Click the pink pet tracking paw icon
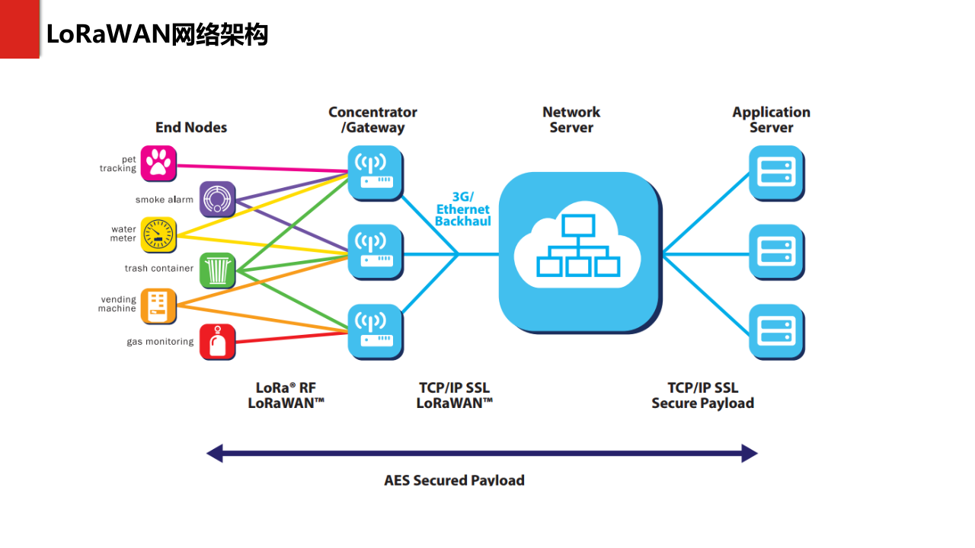158,163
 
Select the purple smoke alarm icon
217,199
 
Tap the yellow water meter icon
158,234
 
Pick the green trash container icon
217,270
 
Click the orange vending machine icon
158,305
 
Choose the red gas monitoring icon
217,342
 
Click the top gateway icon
376,173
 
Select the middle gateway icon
376,252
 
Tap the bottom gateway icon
376,332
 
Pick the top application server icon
776,173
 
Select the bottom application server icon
776,332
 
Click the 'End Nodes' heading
191,127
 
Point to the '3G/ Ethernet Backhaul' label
462,209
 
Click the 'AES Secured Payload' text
454,480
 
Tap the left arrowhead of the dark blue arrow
215,454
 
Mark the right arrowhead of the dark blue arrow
750,454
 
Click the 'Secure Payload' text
702,403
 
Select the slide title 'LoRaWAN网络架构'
157,34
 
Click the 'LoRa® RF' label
286,387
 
